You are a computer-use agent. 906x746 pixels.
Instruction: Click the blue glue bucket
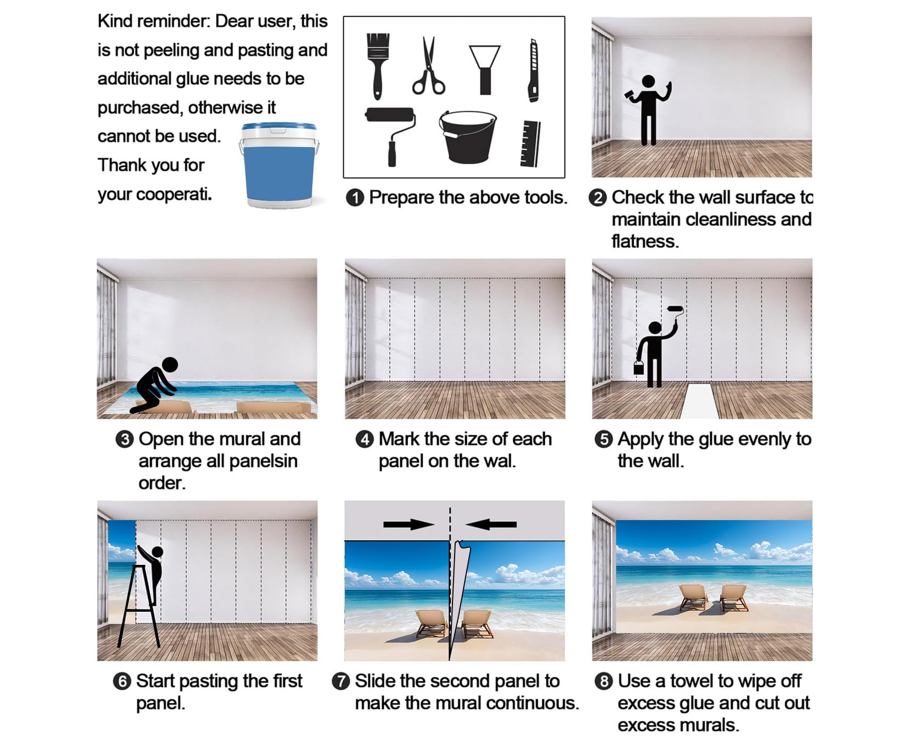pos(279,165)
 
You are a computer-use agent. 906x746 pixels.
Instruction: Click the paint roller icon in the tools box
pos(391,136)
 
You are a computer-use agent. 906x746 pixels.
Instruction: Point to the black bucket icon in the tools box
pos(467,136)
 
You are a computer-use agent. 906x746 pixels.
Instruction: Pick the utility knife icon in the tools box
pos(533,70)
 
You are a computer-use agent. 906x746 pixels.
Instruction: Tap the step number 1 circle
pos(355,198)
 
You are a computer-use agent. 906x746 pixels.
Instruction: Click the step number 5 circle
pos(603,440)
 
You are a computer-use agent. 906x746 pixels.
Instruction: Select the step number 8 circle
pos(603,682)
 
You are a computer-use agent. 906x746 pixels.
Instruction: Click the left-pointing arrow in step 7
pos(491,524)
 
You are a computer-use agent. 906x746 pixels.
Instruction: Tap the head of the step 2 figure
pos(648,82)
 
